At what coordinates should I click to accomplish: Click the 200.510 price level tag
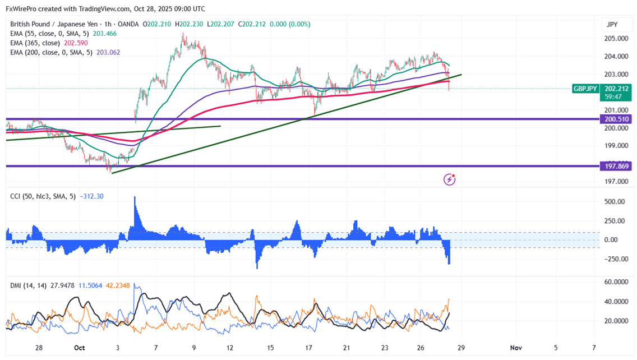pos(616,119)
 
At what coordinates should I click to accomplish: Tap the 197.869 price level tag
pos(616,166)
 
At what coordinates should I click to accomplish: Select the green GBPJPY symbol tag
pos(585,89)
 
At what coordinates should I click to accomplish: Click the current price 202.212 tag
pos(616,89)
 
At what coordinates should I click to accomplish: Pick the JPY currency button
pos(612,25)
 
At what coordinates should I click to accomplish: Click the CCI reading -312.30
pos(91,196)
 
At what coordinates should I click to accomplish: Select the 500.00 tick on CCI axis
pos(615,202)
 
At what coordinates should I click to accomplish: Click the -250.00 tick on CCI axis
pos(613,259)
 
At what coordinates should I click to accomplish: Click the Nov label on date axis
pos(516,348)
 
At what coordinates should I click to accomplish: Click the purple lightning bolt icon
pos(449,179)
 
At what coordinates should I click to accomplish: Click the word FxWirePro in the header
pos(23,9)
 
